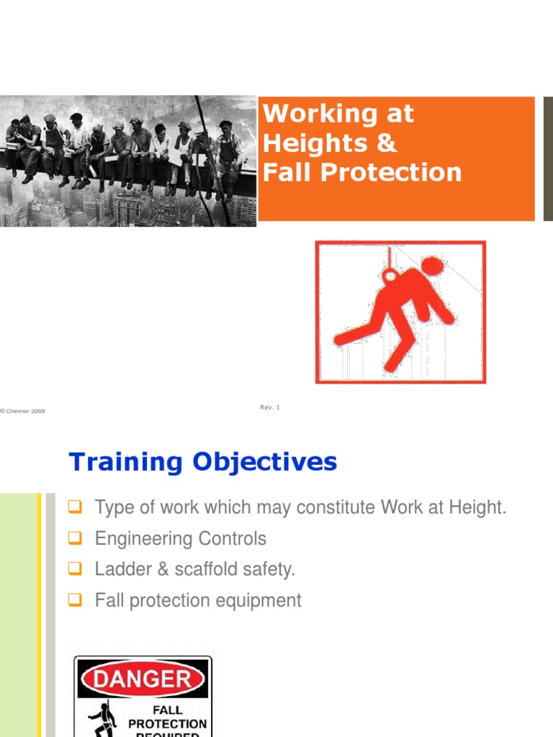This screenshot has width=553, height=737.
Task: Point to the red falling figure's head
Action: point(433,268)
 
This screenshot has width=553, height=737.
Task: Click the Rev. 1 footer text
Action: point(269,407)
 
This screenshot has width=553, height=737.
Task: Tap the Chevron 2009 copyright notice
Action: point(23,411)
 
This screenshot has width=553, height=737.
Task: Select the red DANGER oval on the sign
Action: point(144,679)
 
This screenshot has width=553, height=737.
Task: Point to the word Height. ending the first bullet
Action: point(480,507)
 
